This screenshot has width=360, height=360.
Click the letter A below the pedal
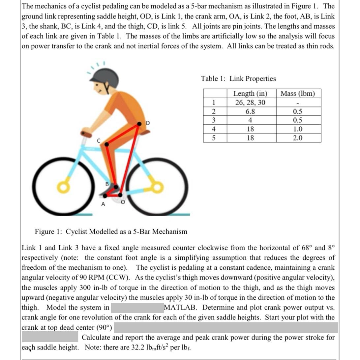pos(103,204)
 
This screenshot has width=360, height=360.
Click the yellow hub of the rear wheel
pos(157,187)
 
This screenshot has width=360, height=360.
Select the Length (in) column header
pos(250,94)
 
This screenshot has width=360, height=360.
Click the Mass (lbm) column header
pos(297,94)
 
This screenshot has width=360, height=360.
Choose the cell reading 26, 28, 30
pos(250,103)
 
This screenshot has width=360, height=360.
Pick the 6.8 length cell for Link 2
pos(250,111)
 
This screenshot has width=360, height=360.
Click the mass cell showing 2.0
pos(297,138)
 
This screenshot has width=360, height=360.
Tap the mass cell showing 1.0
pos(297,129)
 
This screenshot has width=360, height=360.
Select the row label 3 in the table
pos(214,120)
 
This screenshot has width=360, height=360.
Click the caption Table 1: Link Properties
pos(238,79)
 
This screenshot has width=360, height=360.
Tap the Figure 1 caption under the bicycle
pos(111,231)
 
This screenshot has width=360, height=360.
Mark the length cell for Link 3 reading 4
pos(250,120)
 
